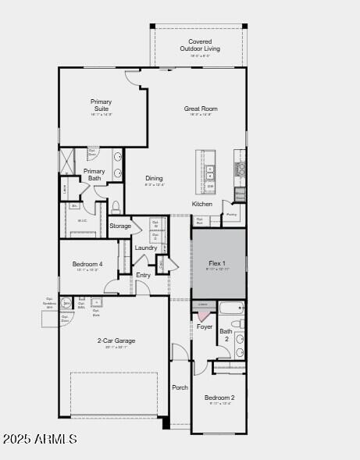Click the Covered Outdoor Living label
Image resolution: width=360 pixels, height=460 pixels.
200,45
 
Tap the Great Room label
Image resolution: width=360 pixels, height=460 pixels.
201,109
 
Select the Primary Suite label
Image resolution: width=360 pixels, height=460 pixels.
101,105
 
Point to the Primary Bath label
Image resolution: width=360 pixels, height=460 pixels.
94,175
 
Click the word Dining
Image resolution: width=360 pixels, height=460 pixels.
154,179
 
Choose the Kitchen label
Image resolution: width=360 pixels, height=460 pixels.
202,205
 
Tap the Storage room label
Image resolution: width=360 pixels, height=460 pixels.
120,226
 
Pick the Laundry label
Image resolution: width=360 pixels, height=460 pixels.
146,248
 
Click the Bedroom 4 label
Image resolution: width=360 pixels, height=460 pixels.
87,265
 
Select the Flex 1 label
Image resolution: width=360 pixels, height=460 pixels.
217,263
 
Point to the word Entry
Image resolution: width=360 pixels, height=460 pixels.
144,275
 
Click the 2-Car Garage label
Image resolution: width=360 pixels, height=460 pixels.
116,341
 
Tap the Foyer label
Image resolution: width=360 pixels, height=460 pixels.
205,327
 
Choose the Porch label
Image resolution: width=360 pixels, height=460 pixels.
180,387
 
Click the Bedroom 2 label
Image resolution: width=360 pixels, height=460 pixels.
219,398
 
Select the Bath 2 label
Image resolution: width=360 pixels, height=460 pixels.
225,336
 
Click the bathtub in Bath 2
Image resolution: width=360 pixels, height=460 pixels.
230,308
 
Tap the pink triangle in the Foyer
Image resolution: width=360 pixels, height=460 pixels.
204,315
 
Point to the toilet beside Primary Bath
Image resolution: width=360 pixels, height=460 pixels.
116,207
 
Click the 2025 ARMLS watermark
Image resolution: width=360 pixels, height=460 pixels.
40,440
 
